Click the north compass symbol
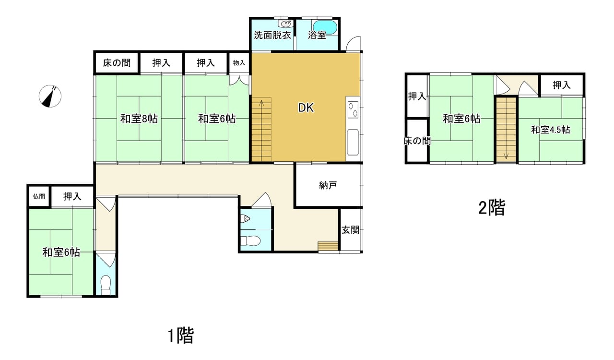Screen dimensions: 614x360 click(x=50, y=96)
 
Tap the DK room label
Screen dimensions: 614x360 click(x=306, y=108)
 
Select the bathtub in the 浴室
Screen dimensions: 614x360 click(x=325, y=27)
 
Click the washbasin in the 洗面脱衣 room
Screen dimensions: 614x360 click(x=285, y=24)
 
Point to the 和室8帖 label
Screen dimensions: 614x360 click(x=139, y=119)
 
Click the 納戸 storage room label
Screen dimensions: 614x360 click(x=328, y=185)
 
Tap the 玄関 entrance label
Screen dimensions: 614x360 click(x=350, y=230)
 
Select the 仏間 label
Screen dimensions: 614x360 click(x=39, y=196)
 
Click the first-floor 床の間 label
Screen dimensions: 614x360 click(x=117, y=63)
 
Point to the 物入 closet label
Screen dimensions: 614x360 click(x=239, y=63)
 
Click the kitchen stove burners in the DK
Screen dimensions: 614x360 click(x=353, y=109)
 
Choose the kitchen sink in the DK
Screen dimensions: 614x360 click(x=353, y=143)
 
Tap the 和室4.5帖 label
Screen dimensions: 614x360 click(x=550, y=130)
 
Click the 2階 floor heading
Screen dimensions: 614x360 click(x=492, y=208)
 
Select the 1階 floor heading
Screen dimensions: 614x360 click(x=181, y=336)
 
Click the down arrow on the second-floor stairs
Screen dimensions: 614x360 click(x=506, y=156)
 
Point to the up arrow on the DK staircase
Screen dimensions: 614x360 click(x=261, y=104)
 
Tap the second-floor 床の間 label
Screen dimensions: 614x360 click(x=417, y=141)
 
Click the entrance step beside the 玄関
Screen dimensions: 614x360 click(x=328, y=246)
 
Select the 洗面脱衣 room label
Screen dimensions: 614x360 click(x=272, y=36)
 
